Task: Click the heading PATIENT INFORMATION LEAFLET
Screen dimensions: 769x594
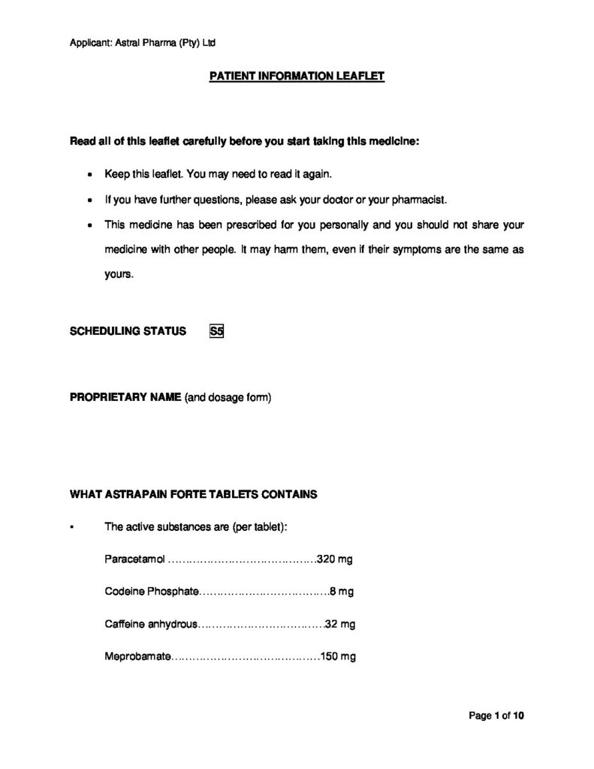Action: pyautogui.click(x=297, y=77)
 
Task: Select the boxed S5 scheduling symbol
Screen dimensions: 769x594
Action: pyautogui.click(x=217, y=331)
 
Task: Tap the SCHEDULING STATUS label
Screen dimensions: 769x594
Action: pyautogui.click(x=128, y=331)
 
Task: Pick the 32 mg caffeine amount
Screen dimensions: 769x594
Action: pyautogui.click(x=340, y=624)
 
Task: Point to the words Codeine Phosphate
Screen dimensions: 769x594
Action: pyautogui.click(x=152, y=592)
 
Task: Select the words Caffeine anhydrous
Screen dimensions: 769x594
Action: pyautogui.click(x=151, y=624)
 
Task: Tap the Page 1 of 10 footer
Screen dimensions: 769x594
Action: pyautogui.click(x=496, y=716)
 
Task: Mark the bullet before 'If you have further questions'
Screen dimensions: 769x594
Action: pyautogui.click(x=90, y=201)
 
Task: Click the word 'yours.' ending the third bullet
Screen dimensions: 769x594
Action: pyautogui.click(x=119, y=274)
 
